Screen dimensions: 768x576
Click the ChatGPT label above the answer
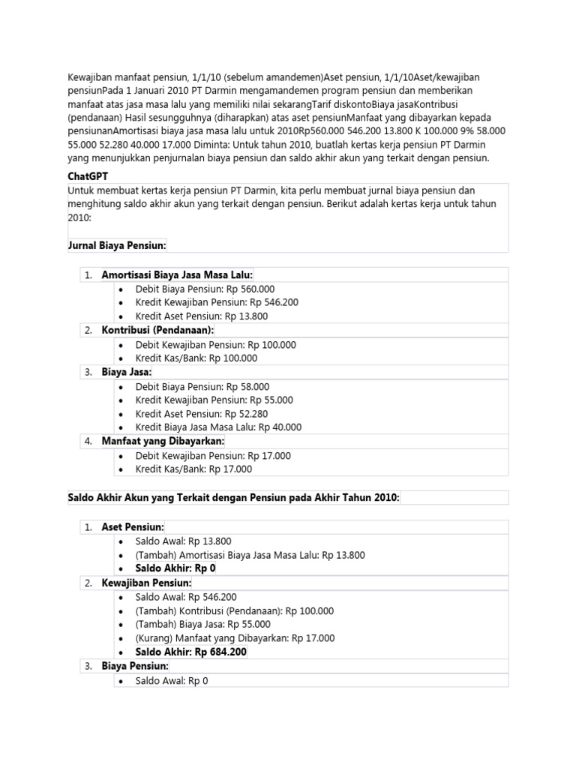[x=88, y=175]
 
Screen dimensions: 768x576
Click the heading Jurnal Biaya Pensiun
[x=117, y=245]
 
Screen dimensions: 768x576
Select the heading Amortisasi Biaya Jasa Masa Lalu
[x=178, y=275]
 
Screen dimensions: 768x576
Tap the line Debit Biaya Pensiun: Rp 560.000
[x=205, y=289]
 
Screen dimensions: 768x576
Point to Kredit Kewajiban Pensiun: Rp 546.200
[x=217, y=302]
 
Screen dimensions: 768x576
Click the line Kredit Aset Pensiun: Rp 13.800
[x=202, y=316]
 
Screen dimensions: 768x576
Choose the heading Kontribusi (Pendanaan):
[x=157, y=330]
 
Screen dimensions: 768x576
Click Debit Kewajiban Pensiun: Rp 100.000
[x=216, y=344]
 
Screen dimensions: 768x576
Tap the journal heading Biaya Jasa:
[x=127, y=372]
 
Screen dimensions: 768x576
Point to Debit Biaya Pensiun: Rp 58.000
[x=202, y=386]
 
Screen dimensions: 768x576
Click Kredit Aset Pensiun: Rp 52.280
[x=202, y=413]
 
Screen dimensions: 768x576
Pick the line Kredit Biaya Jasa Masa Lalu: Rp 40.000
[x=218, y=427]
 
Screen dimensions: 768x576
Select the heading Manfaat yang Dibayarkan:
[x=163, y=441]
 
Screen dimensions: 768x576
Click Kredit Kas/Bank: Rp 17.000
[x=193, y=469]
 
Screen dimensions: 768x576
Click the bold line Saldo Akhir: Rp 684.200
[x=191, y=652]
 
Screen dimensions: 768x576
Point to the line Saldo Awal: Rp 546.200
[x=186, y=597]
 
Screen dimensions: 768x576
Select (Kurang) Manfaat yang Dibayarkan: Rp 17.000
[x=235, y=638]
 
